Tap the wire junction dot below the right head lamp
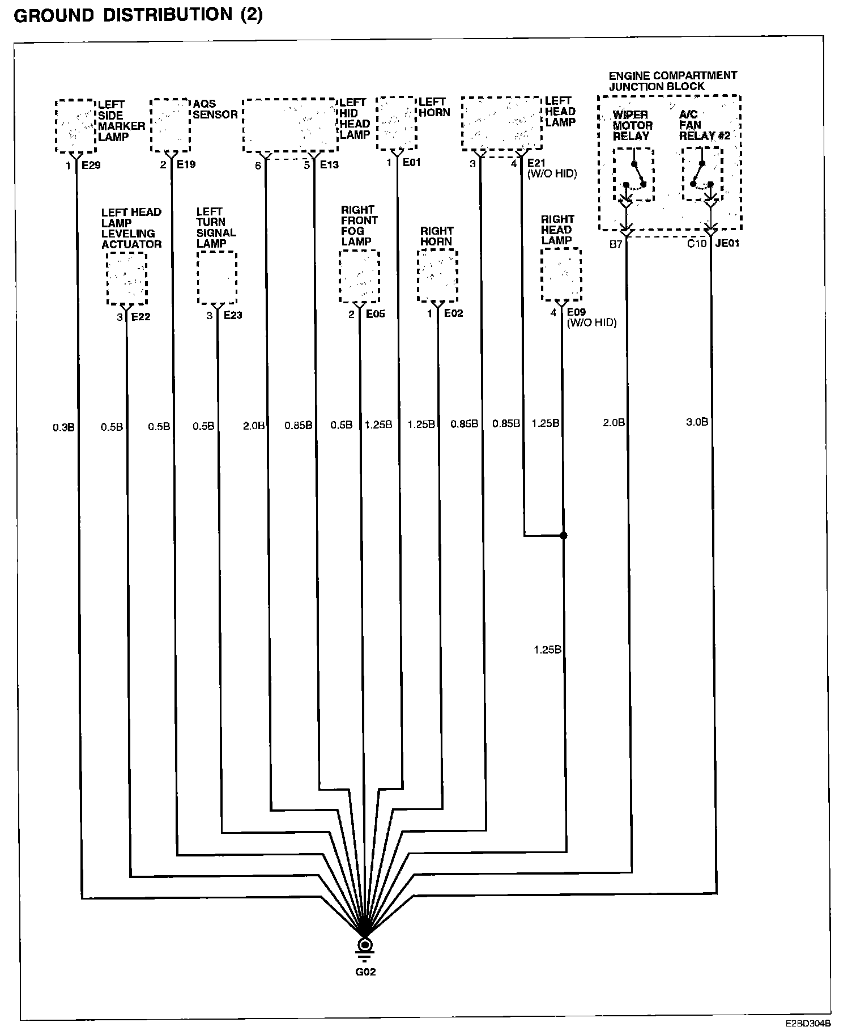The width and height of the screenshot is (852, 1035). tap(563, 535)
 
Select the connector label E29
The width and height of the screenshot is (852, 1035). tap(91, 166)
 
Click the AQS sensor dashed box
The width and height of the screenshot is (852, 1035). tap(170, 125)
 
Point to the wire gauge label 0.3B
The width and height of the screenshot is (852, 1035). tap(63, 427)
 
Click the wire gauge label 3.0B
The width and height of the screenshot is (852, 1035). tap(697, 422)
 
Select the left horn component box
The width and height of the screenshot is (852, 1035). tap(396, 123)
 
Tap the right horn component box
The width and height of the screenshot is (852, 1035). tap(437, 275)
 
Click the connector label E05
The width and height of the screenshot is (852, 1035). tap(375, 314)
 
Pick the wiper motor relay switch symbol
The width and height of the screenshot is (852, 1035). tap(633, 175)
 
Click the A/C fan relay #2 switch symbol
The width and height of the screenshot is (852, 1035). tap(702, 173)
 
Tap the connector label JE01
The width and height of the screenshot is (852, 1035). tap(727, 244)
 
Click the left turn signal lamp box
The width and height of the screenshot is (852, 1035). tap(217, 277)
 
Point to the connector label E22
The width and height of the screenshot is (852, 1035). tap(141, 317)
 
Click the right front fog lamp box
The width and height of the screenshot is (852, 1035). tap(359, 276)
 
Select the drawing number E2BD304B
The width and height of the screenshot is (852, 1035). tap(808, 1024)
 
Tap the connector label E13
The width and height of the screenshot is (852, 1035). tap(329, 165)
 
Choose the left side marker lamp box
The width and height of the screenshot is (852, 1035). tap(75, 126)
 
